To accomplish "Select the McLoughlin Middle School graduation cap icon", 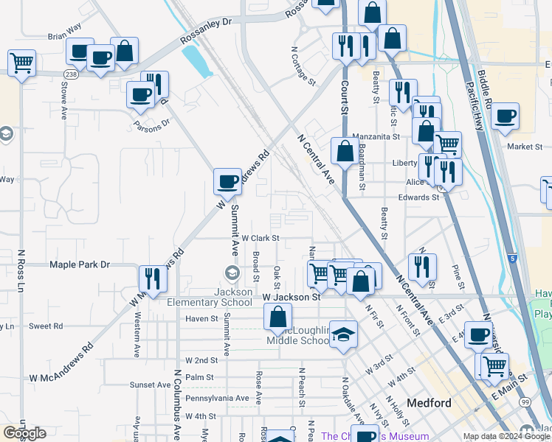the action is click(x=342, y=334).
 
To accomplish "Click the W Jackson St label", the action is click(x=291, y=297).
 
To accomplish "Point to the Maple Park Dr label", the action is click(x=79, y=264).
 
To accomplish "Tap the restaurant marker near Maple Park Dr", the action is click(x=153, y=278).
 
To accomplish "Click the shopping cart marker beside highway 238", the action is click(x=22, y=63).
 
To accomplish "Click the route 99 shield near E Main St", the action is click(x=524, y=401).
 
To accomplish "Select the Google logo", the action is click(x=24, y=433).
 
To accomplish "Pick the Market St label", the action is click(x=525, y=147).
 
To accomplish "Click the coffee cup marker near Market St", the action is click(x=506, y=116).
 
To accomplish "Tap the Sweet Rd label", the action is click(x=46, y=326).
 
